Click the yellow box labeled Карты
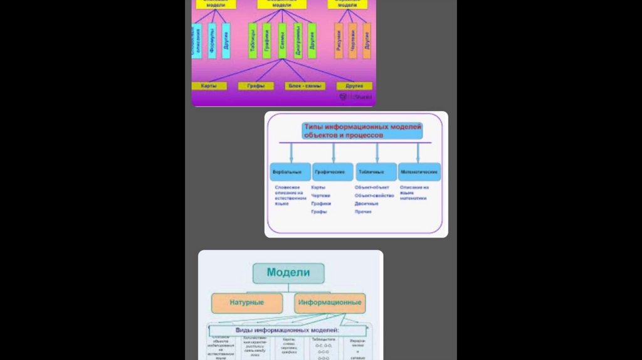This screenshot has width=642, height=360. [209, 86]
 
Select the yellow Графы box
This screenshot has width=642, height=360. [256, 86]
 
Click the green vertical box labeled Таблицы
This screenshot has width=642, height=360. [252, 40]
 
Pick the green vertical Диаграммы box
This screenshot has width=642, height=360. [297, 41]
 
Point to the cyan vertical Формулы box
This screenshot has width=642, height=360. [212, 41]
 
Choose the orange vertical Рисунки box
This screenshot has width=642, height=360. [339, 41]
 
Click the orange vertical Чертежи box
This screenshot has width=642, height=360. [352, 41]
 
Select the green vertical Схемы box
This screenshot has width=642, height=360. [282, 41]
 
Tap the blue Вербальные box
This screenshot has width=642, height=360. [290, 172]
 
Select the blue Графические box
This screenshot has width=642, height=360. [333, 172]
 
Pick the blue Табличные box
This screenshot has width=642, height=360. [376, 172]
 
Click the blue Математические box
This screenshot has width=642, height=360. [419, 172]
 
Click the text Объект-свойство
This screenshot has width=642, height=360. [374, 196]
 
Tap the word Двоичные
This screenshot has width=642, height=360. [367, 204]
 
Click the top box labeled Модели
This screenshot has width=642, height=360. [289, 273]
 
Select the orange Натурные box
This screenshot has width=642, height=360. [247, 303]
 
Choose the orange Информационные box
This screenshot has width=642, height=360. [330, 303]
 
